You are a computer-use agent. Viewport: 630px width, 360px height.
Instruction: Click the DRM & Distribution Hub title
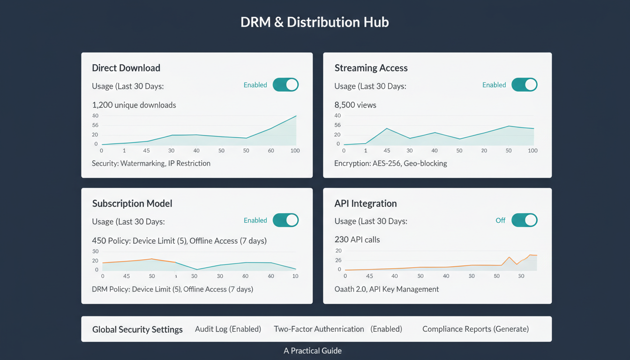pos(315,22)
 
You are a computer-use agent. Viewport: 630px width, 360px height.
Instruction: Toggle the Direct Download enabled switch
pos(285,85)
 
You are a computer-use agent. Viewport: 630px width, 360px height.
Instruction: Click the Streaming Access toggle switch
pos(524,85)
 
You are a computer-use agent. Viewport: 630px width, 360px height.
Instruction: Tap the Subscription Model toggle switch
pos(285,220)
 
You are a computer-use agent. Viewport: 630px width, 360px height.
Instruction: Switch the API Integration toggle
pos(524,220)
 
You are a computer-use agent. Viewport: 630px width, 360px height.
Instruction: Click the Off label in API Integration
pos(500,220)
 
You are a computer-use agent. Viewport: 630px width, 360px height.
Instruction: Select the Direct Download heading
pos(126,68)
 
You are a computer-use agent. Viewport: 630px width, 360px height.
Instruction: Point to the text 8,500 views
pos(355,105)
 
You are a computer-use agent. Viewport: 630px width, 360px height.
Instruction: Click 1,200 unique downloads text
pos(134,105)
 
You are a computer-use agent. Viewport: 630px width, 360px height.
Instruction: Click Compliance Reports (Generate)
pos(475,329)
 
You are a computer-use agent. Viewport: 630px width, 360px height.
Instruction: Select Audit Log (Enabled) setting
pos(228,329)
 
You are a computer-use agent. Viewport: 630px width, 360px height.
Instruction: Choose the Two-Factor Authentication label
pos(319,329)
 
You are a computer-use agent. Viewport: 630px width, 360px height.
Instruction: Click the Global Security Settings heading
pos(137,330)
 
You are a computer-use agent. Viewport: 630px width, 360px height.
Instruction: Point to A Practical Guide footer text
pos(313,351)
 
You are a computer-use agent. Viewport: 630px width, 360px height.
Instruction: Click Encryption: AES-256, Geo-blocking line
pos(390,164)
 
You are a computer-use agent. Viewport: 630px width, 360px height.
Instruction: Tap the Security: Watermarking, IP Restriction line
pos(151,164)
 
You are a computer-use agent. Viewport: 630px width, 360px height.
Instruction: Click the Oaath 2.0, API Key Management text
pos(386,289)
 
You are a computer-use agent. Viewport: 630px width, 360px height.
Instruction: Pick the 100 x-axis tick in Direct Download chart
pos(295,150)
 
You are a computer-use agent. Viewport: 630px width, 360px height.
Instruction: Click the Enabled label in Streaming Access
pos(494,85)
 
